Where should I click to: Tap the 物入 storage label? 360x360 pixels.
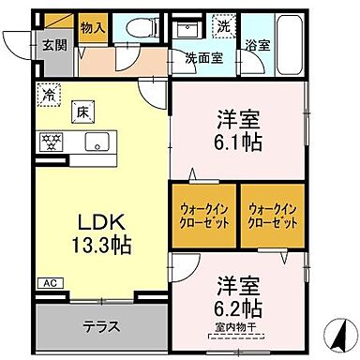93,29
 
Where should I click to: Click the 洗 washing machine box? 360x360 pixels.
222,27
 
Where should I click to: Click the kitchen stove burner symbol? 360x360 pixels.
50,142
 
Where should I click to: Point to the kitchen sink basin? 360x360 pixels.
97,142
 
